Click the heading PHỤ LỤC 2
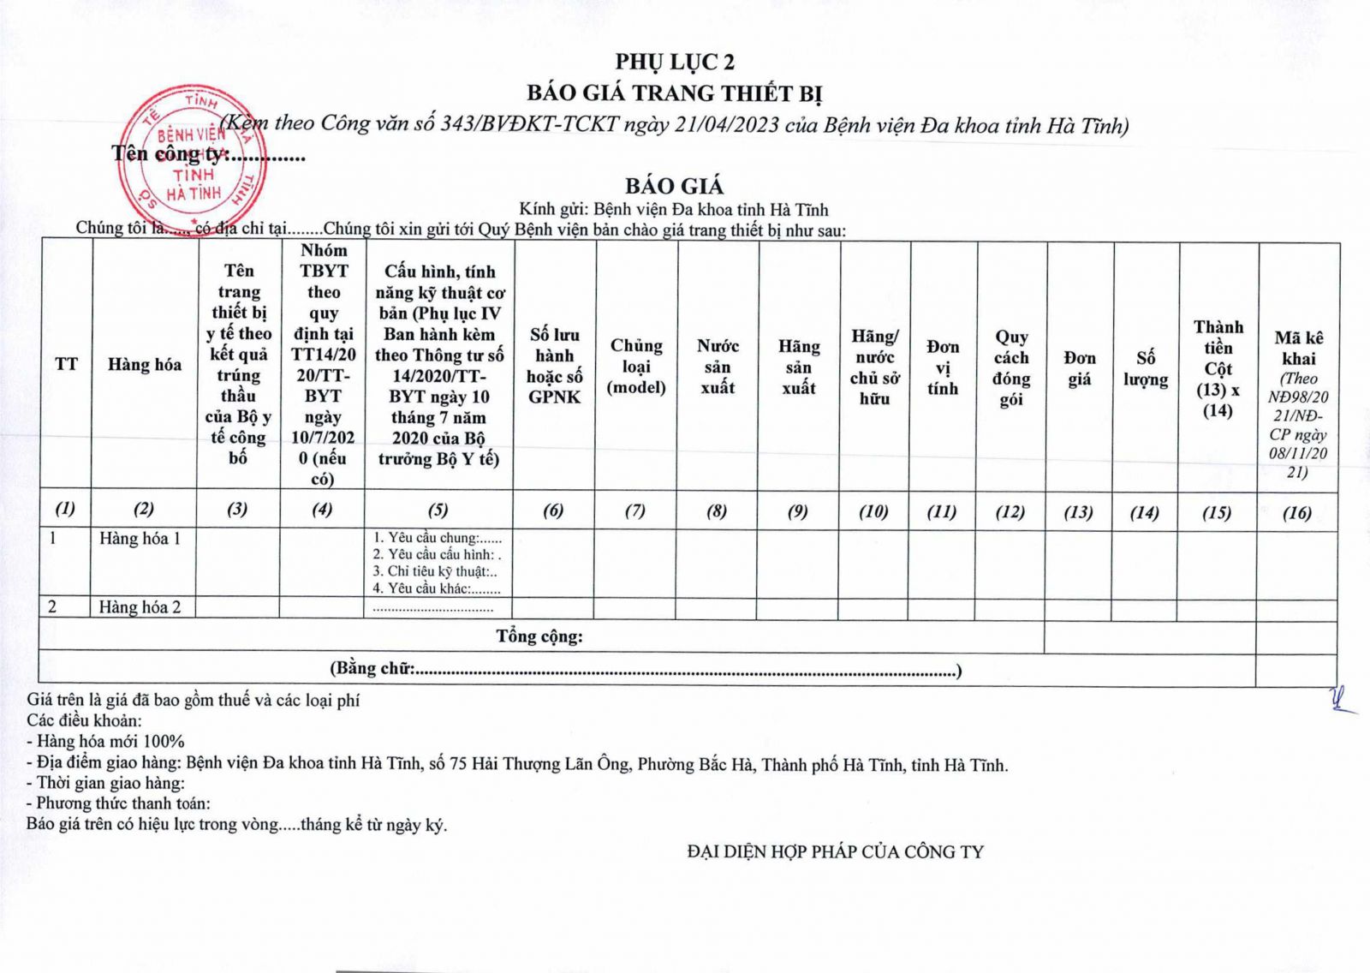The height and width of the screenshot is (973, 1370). pyautogui.click(x=675, y=62)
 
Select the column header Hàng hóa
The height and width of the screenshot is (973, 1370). pyautogui.click(x=144, y=365)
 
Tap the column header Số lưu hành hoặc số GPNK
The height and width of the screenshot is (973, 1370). pyautogui.click(x=554, y=366)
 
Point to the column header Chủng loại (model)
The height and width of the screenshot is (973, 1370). pyautogui.click(x=636, y=366)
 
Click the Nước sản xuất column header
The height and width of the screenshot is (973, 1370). pyautogui.click(x=718, y=367)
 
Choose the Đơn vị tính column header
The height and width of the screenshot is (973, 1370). pyautogui.click(x=943, y=367)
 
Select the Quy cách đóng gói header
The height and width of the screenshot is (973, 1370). pyautogui.click(x=1011, y=367)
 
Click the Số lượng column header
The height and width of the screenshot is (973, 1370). pyautogui.click(x=1146, y=368)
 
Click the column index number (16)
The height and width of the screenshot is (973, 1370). pyautogui.click(x=1297, y=512)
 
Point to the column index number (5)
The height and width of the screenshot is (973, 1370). pyautogui.click(x=438, y=510)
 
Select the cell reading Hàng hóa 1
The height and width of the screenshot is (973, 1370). pyautogui.click(x=140, y=539)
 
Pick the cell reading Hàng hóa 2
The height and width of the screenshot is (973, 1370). pyautogui.click(x=140, y=607)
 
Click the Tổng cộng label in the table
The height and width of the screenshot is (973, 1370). pyautogui.click(x=539, y=636)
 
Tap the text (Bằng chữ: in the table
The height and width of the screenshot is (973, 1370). pyautogui.click(x=372, y=669)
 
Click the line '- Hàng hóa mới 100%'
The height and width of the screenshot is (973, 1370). pyautogui.click(x=105, y=742)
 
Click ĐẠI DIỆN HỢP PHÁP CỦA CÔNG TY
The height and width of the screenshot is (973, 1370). pyautogui.click(x=835, y=852)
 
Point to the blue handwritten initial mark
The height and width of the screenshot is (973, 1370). pyautogui.click(x=1341, y=701)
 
